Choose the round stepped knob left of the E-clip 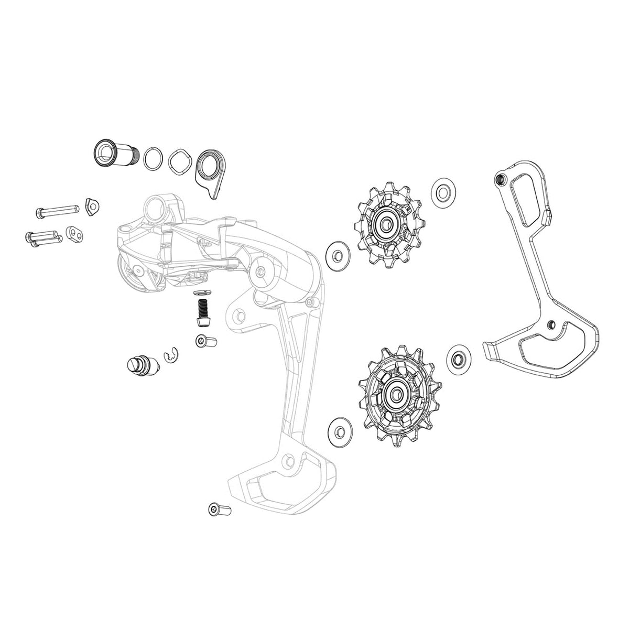(x=137, y=364)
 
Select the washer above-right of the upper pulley (x=441, y=193)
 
